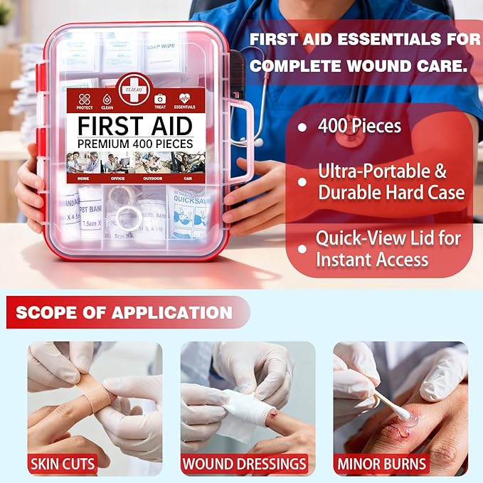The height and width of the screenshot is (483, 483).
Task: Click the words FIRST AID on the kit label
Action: [x=135, y=126]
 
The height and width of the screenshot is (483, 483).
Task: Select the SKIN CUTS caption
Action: [x=62, y=465]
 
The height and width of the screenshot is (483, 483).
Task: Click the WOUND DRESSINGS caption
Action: [x=243, y=465]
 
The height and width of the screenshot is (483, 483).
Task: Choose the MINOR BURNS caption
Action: [x=392, y=465]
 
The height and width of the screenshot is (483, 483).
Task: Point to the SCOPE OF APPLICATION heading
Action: [x=124, y=312]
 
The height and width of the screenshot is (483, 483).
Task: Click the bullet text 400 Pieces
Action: [x=359, y=127]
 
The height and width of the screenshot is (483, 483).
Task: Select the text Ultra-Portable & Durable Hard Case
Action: [x=391, y=181]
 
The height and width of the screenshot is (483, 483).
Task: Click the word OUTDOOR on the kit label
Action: [x=152, y=179]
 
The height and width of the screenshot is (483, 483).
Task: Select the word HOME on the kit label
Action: [x=84, y=179]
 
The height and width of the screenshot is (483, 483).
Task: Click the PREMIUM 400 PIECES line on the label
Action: [x=135, y=143]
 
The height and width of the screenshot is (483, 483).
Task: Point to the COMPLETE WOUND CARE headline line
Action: [x=359, y=66]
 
